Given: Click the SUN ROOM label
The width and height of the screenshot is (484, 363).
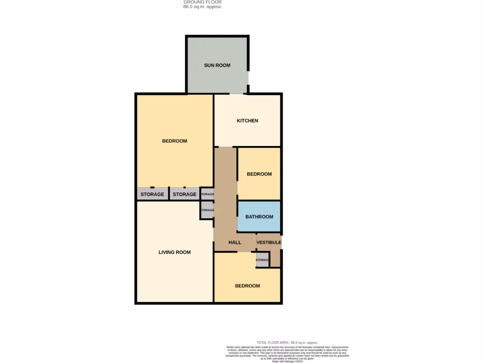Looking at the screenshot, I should (x=217, y=65).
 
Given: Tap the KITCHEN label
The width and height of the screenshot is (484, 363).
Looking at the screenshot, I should (x=247, y=121).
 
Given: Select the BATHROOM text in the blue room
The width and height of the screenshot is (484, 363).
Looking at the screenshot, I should (x=259, y=216).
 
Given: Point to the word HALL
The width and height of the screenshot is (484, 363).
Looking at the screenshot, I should (x=235, y=242).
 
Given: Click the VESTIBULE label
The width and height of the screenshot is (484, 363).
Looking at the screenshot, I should (x=268, y=242).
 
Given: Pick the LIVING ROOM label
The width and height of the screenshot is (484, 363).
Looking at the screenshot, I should (x=174, y=252).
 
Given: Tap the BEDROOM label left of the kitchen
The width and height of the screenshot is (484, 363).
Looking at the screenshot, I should (x=174, y=141).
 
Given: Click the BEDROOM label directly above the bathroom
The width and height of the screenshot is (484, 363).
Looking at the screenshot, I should (x=259, y=174).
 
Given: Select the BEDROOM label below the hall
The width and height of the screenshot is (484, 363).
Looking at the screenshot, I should (x=247, y=286).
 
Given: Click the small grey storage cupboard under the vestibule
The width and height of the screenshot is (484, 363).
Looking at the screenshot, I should (x=262, y=260).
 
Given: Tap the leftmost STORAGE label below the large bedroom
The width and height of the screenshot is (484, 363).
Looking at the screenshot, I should (x=152, y=194).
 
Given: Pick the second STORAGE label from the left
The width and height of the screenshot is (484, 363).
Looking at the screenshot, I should (x=184, y=194).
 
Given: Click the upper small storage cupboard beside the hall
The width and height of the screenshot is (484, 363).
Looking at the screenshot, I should (x=207, y=194).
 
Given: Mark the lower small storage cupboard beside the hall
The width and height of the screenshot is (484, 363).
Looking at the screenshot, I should (x=207, y=210).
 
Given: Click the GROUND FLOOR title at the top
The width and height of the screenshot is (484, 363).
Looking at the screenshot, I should (x=202, y=2).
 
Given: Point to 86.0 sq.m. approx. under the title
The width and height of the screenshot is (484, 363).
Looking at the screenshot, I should (x=202, y=7).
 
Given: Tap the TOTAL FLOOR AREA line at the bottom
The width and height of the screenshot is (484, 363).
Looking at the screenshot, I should (x=287, y=342).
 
